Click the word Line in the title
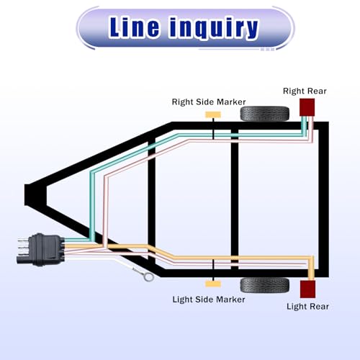(x=134, y=27)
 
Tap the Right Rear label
(x=305, y=91)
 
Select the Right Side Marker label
(x=209, y=102)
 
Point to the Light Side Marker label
(x=209, y=300)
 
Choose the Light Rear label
(x=307, y=307)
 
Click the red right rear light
(x=307, y=107)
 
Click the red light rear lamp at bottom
(x=307, y=289)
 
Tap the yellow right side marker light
(x=213, y=114)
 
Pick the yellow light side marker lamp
(x=213, y=284)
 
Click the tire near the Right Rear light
(x=265, y=114)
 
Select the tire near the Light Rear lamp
(x=265, y=285)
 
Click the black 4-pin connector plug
(x=45, y=250)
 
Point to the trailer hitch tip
(x=27, y=195)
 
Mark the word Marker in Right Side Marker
(x=230, y=102)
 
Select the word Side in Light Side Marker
(x=204, y=300)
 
